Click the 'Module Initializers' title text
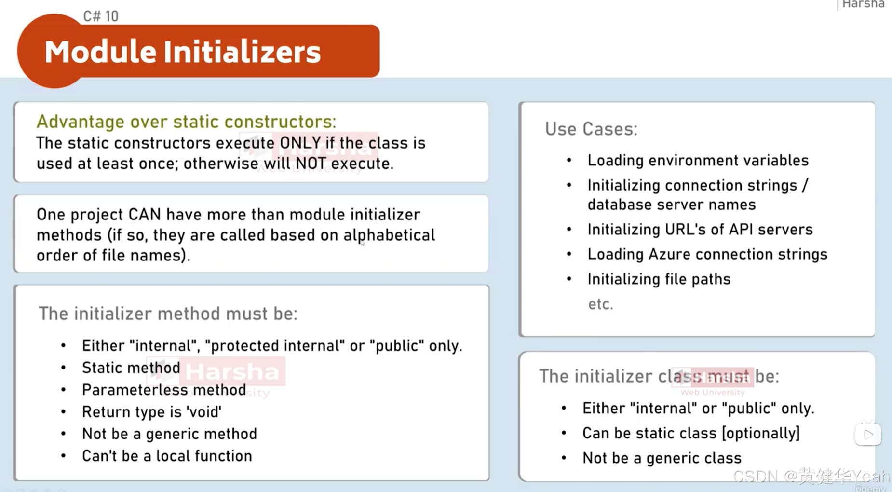tap(182, 52)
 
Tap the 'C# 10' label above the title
tap(100, 16)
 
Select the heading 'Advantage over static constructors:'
tap(186, 122)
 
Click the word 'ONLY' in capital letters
tap(300, 143)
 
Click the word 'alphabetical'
tap(389, 235)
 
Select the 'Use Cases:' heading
tap(591, 129)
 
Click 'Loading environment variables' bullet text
tap(698, 161)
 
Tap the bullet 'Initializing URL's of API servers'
tap(700, 230)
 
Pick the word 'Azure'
tap(669, 255)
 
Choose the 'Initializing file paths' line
tap(659, 279)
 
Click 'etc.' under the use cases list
tap(600, 304)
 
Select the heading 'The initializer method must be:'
tap(168, 314)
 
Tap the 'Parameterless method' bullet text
tap(164, 390)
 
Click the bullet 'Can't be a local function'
tap(167, 456)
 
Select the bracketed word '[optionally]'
tap(761, 433)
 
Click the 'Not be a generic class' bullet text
tap(662, 458)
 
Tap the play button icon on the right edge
tap(868, 435)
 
